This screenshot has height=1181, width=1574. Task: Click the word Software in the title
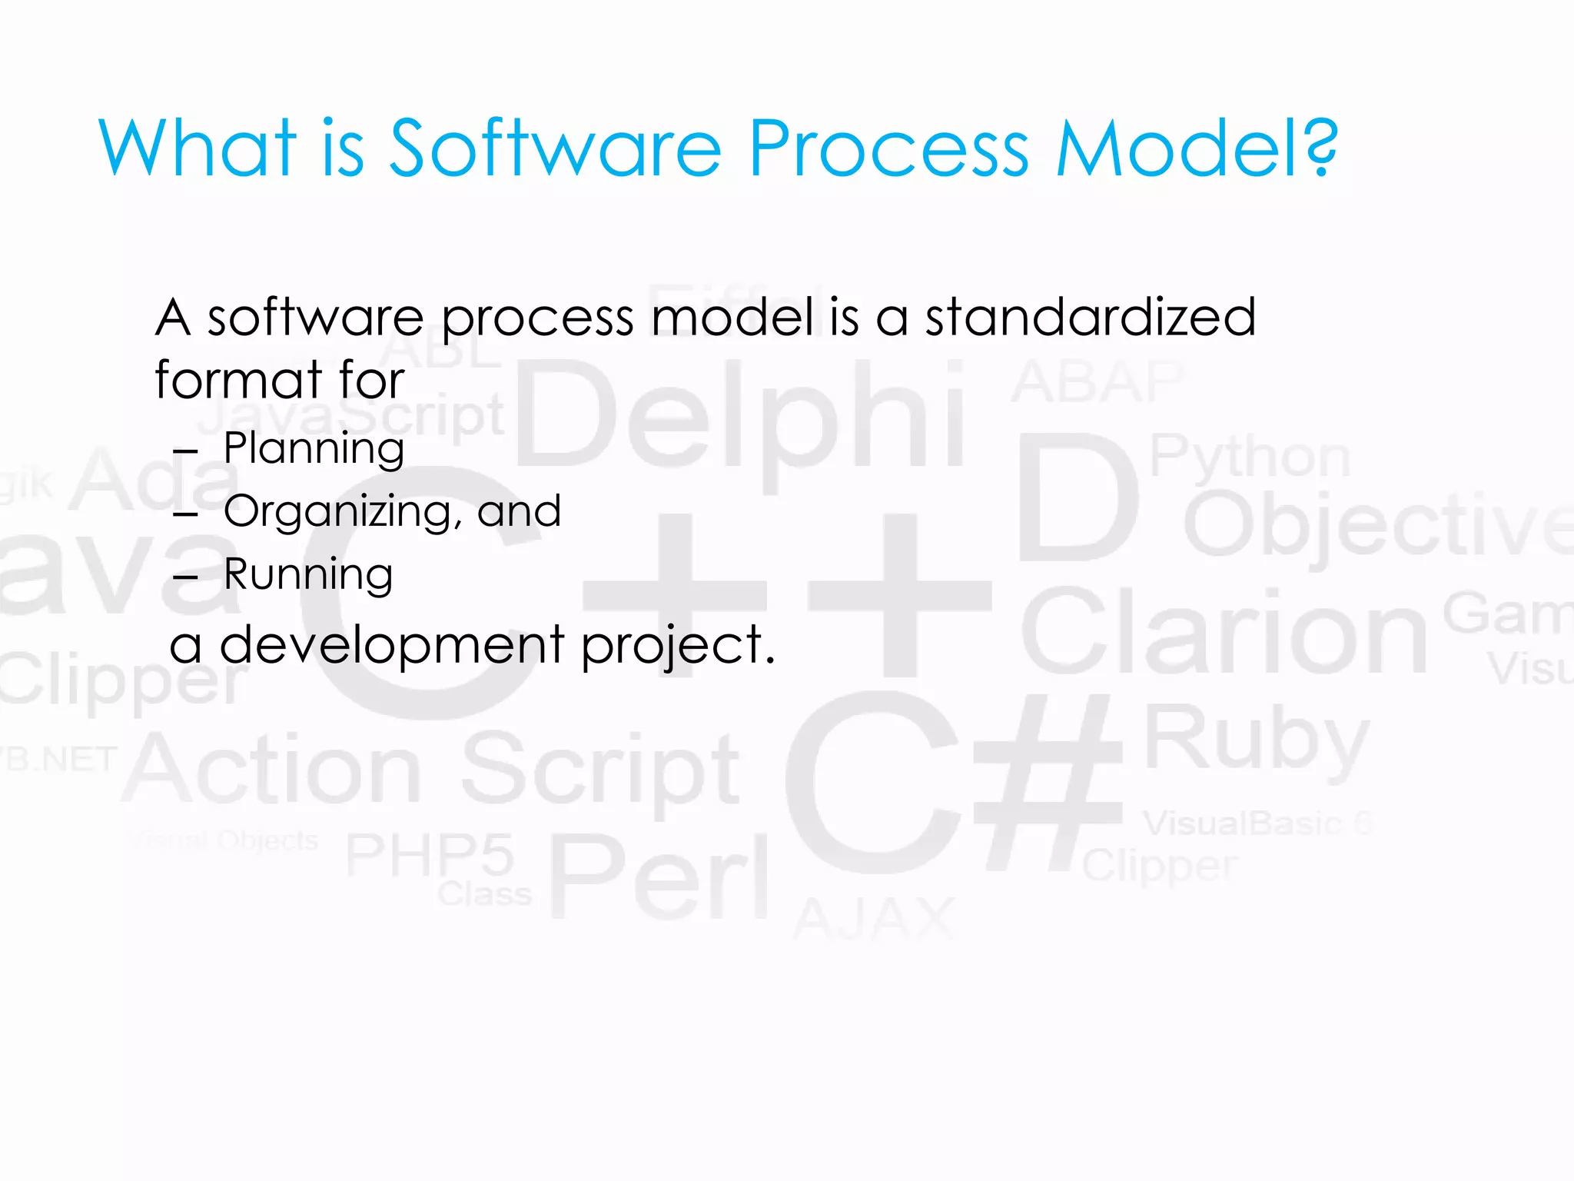click(x=555, y=148)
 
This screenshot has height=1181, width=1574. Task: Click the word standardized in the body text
click(x=1090, y=317)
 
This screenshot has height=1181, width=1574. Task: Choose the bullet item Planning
click(x=314, y=448)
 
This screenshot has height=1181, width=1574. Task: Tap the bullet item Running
click(x=308, y=574)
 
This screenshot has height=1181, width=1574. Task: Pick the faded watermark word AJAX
click(x=875, y=919)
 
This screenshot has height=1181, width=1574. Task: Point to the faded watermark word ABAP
click(x=1097, y=382)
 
